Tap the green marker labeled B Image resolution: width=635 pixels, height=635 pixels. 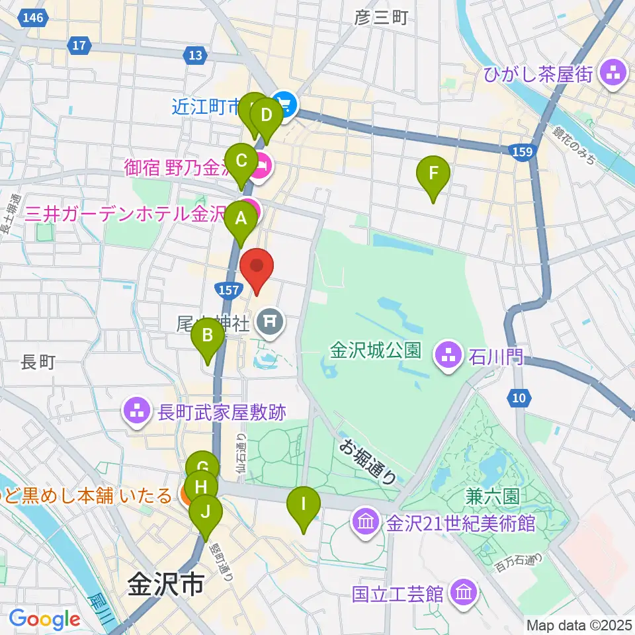click(x=208, y=336)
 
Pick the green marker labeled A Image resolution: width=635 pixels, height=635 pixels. click(x=240, y=218)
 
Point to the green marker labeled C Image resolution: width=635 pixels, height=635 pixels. click(x=241, y=161)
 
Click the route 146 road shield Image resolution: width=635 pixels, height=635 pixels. click(x=33, y=18)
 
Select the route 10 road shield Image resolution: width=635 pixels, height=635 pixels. click(x=519, y=398)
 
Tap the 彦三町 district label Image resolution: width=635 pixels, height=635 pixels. click(x=381, y=18)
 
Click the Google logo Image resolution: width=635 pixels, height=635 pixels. click(x=44, y=619)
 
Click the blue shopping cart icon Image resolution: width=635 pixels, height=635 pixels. click(x=286, y=105)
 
